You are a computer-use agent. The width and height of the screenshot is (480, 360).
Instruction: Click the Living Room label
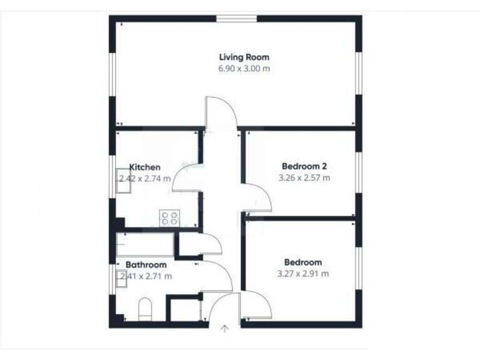[x=244, y=57]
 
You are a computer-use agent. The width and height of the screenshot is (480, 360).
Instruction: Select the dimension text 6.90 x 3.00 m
[x=244, y=69]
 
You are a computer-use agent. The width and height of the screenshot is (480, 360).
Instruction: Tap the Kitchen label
[x=145, y=167]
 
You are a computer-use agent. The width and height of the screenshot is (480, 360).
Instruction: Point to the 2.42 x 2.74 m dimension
[x=144, y=178]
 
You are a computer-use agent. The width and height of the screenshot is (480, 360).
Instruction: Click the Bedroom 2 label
[x=304, y=166]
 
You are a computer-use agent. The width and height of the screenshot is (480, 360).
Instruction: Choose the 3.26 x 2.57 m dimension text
[x=304, y=177]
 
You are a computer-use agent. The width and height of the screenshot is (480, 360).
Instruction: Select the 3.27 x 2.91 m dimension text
[x=303, y=274]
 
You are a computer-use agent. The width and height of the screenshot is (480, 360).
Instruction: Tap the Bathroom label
[x=146, y=265]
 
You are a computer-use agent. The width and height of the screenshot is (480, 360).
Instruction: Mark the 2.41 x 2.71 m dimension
[x=146, y=276]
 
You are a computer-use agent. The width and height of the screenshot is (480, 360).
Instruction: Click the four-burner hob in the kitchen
[x=169, y=217]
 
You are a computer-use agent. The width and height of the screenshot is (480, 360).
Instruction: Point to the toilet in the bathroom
[x=144, y=309]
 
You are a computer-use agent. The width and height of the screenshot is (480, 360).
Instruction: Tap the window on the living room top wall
[x=237, y=18]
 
